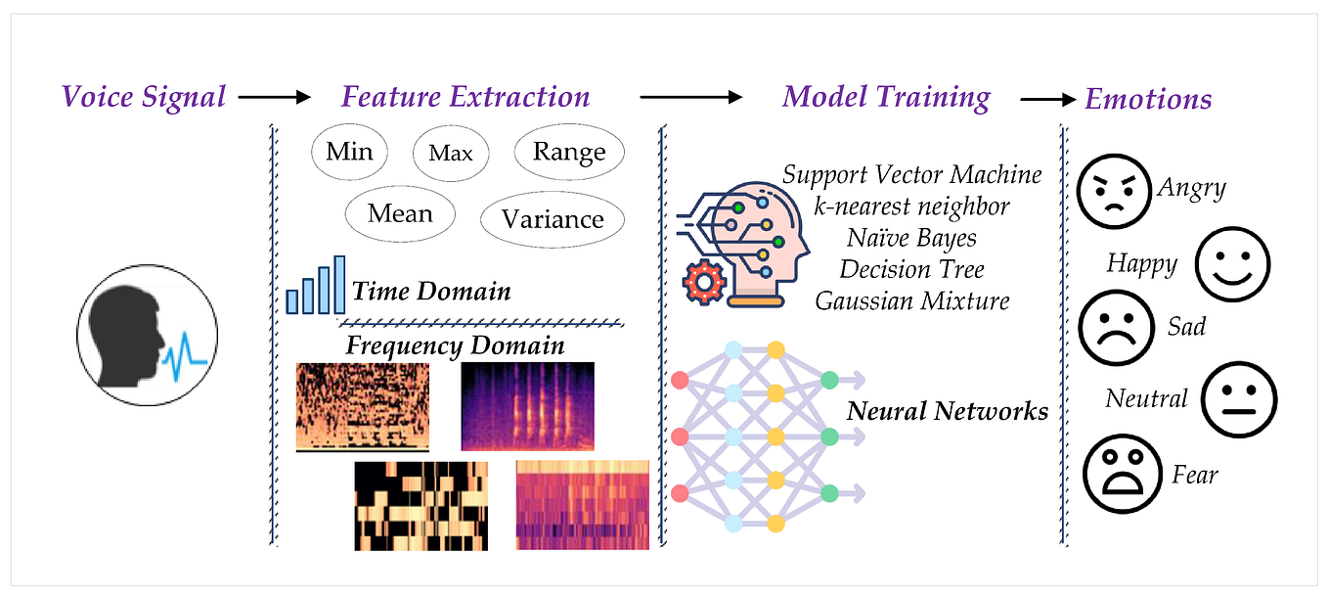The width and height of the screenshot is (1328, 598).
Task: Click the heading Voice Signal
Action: pyautogui.click(x=144, y=97)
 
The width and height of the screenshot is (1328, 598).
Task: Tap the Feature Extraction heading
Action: pyautogui.click(x=465, y=97)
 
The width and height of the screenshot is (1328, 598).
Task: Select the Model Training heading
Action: pyautogui.click(x=886, y=97)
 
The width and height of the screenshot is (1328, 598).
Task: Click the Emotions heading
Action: pyautogui.click(x=1148, y=99)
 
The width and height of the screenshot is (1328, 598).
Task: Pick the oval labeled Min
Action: pyautogui.click(x=349, y=152)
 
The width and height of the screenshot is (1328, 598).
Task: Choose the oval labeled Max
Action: pyautogui.click(x=450, y=153)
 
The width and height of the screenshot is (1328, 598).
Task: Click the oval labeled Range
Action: pyautogui.click(x=569, y=152)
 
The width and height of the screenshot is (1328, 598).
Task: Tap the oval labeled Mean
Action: pyautogui.click(x=400, y=212)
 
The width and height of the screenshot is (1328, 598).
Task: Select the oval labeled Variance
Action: pyautogui.click(x=553, y=219)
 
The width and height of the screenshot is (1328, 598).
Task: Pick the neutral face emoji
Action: pyautogui.click(x=1238, y=399)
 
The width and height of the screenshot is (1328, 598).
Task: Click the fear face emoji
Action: pyautogui.click(x=1122, y=476)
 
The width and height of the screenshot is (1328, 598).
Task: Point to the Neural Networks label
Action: pyautogui.click(x=947, y=411)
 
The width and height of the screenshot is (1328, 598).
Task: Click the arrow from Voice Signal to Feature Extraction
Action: pyautogui.click(x=273, y=97)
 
